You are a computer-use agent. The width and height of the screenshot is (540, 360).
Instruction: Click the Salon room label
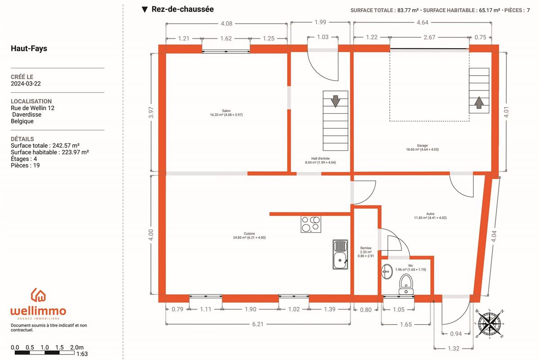tap(226, 111)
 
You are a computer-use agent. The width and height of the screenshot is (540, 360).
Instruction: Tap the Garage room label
tap(422, 145)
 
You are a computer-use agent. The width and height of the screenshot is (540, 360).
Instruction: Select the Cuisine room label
tap(249, 234)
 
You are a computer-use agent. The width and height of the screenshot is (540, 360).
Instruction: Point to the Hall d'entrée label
tap(320, 158)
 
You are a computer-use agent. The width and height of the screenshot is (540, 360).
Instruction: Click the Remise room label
tap(366, 248)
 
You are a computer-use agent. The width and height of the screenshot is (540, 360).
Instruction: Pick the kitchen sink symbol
tap(340, 254)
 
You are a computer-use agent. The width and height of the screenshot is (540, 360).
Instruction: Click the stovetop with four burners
tap(311, 224)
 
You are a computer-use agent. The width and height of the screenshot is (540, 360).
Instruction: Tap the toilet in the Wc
tap(406, 284)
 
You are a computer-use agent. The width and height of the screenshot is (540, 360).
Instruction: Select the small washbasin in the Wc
tap(387, 271)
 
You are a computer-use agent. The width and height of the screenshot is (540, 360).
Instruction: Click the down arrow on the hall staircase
tap(335, 101)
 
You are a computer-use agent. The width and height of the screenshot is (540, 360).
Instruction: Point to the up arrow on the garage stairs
tap(479, 103)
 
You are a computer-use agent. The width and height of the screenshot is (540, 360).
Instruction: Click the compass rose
tap(490, 324)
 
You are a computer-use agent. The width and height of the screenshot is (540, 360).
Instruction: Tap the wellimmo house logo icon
tap(38, 295)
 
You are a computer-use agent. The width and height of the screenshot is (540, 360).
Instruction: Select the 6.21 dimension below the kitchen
tap(258, 324)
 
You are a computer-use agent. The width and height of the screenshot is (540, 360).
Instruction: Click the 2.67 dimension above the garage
tap(429, 37)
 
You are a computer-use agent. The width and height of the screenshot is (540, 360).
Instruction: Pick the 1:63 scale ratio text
tap(82, 354)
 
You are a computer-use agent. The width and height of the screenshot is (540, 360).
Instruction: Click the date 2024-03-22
tap(26, 83)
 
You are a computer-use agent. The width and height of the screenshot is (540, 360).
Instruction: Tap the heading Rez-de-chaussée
tap(183, 9)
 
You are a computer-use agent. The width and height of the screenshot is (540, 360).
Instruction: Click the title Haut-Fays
tap(29, 49)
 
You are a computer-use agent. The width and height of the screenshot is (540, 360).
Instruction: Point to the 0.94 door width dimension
tap(456, 334)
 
